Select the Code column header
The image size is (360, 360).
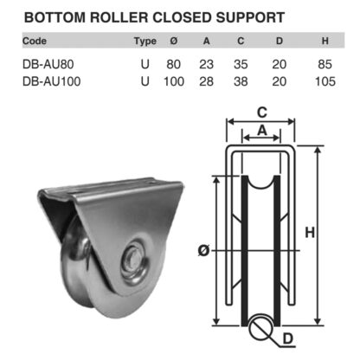[x=35, y=40]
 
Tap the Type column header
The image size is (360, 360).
[x=145, y=40]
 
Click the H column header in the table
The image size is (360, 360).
[x=325, y=40]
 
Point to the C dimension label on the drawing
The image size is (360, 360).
[x=260, y=111]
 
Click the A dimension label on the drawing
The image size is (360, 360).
[x=260, y=131]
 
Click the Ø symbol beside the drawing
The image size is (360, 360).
[x=203, y=250]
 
